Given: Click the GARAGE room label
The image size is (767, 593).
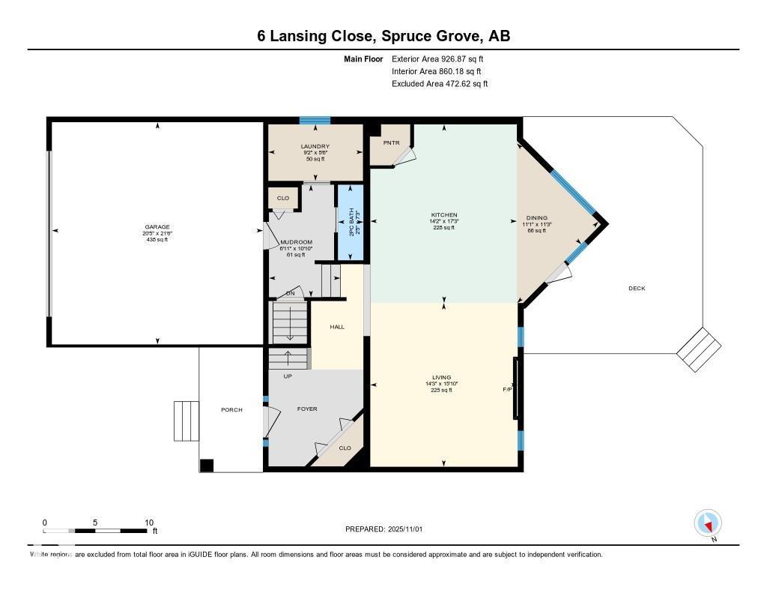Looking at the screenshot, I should pyautogui.click(x=157, y=227).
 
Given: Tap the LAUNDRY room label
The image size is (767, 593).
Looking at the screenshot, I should pyautogui.click(x=315, y=146).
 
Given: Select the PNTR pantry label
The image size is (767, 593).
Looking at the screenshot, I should pyautogui.click(x=391, y=142).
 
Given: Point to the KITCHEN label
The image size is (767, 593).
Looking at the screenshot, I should pyautogui.click(x=444, y=215).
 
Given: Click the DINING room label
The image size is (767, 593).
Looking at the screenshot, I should pyautogui.click(x=536, y=218).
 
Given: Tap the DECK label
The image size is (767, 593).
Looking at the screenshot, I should pyautogui.click(x=637, y=289).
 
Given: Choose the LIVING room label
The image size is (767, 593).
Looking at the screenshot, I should pyautogui.click(x=441, y=377).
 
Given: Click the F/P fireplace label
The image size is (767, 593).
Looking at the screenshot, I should pyautogui.click(x=506, y=390).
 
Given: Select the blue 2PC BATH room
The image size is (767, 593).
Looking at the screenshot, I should pyautogui.click(x=351, y=223).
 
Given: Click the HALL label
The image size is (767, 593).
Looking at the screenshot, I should pyautogui.click(x=337, y=326).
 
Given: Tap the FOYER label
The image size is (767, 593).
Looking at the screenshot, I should pyautogui.click(x=307, y=409).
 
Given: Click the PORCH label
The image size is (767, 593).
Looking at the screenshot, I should pyautogui.click(x=231, y=409).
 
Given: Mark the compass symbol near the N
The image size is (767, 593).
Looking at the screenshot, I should pyautogui.click(x=708, y=523).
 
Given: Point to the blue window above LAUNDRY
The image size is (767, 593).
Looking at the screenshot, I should pyautogui.click(x=315, y=120).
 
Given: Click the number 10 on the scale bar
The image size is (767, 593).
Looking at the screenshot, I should pyautogui.click(x=149, y=523).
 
